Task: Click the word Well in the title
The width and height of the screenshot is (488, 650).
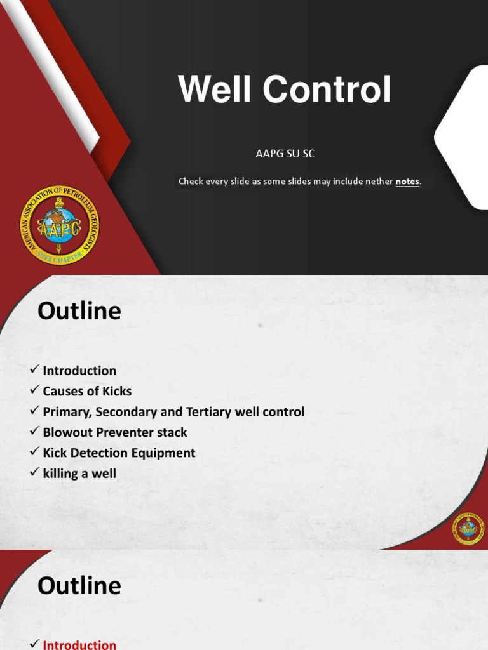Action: (x=215, y=90)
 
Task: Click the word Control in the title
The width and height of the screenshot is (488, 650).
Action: (x=327, y=90)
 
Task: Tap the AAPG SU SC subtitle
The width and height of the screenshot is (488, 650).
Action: (x=285, y=154)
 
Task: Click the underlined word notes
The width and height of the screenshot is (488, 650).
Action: (x=407, y=182)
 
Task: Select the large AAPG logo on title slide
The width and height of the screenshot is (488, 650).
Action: (x=59, y=225)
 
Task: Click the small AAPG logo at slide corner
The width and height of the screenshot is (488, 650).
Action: (x=468, y=528)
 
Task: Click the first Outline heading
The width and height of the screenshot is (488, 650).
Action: (x=79, y=311)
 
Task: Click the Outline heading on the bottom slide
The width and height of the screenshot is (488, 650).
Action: (x=79, y=585)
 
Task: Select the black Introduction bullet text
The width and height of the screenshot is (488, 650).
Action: (x=79, y=371)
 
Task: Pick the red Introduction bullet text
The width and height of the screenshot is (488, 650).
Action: (x=79, y=644)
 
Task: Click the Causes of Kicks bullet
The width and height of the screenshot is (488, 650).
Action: (x=87, y=391)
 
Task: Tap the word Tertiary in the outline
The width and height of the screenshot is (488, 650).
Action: (x=208, y=411)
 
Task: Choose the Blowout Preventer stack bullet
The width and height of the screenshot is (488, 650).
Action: (x=115, y=432)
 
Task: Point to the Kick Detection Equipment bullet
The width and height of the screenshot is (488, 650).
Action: (x=119, y=453)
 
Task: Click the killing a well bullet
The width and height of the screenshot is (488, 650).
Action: (x=79, y=473)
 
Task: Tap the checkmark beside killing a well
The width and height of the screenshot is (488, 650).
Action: (x=34, y=473)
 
